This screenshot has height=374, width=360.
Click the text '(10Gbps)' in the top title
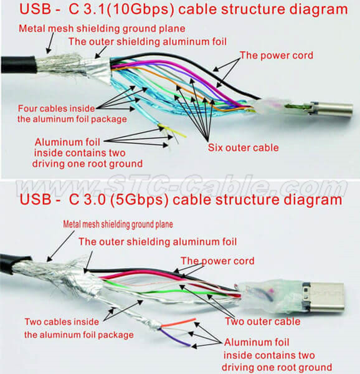coord(140,9)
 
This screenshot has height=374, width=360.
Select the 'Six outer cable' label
coord(244,148)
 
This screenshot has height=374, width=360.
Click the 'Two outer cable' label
coord(263,322)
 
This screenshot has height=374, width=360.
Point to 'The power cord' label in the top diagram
coord(277,55)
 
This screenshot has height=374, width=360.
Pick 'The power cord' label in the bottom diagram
coord(217,261)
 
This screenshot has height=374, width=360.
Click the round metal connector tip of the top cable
coord(334,108)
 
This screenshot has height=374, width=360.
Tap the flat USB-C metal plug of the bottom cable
coord(324,297)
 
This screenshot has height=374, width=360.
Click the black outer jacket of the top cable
coord(19,64)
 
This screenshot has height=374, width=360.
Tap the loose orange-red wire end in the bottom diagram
coord(178,322)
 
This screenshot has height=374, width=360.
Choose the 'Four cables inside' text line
coord(57,108)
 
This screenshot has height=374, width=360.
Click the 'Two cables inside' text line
coord(62,322)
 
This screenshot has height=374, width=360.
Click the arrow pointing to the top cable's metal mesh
coord(50,43)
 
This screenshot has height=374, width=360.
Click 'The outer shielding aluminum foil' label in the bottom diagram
coord(158,242)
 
